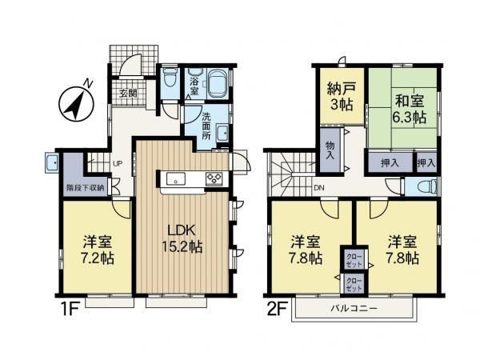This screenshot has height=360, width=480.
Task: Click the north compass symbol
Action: tap(77, 102)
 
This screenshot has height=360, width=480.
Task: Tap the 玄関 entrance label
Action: tap(128, 94)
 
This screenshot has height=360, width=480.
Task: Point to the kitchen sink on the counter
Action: tap(176, 179)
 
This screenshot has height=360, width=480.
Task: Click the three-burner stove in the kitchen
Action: tap(214, 178)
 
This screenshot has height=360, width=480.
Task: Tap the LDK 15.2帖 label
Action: tap(182, 238)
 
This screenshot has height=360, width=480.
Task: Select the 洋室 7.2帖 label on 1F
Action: tap(98, 250)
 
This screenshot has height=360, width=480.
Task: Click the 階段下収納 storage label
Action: tap(86, 188)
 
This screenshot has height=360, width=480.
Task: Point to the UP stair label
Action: tap(118, 164)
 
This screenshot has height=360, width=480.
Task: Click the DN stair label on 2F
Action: tap(319, 188)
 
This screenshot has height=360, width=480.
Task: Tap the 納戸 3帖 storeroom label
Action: tap(342, 96)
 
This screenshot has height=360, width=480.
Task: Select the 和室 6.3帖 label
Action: tap(409, 109)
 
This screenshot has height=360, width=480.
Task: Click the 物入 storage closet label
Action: tap(330, 150)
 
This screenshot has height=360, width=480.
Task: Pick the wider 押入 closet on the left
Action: tap(390, 163)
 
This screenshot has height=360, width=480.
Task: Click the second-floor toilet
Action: tap(428, 186)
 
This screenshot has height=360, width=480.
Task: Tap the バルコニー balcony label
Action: tap(354, 308)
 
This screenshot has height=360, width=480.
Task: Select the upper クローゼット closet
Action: tap(354, 260)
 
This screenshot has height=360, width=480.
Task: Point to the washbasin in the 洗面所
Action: tap(222, 134)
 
